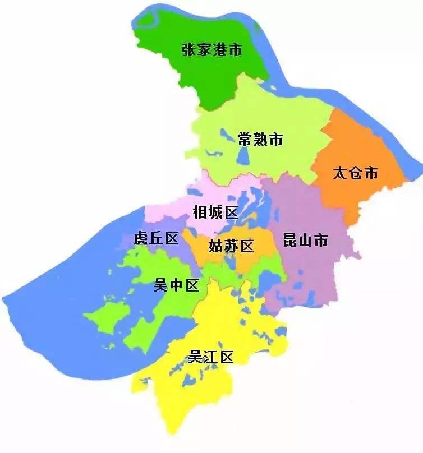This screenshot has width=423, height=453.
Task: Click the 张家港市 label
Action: point(211,50)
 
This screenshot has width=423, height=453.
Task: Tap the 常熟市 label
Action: point(260,139)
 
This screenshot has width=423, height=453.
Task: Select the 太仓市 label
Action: point(356,173)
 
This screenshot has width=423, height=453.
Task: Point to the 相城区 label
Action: point(215,212)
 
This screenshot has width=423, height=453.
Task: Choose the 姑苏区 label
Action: point(231,246)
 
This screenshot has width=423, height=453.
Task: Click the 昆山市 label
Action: point(305,241)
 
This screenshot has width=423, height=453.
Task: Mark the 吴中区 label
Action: point(176,285)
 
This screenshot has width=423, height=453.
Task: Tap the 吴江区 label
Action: point(210,357)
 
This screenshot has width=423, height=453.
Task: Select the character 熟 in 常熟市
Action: point(260,139)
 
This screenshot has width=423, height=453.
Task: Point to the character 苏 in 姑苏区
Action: point(231,246)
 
